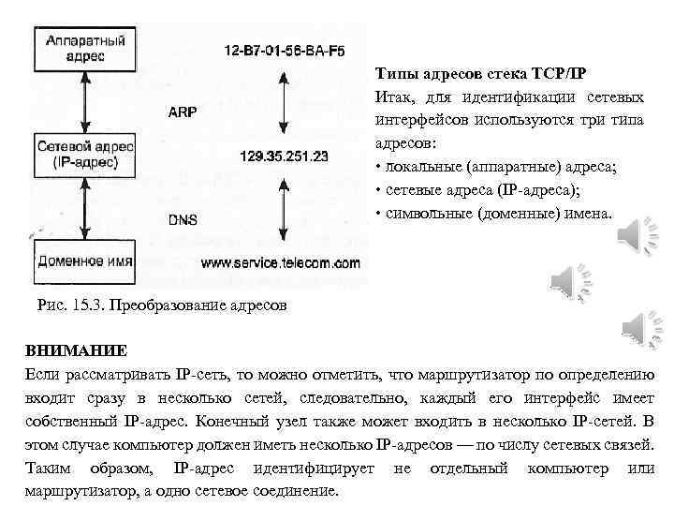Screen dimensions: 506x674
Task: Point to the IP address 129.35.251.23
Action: pyautogui.click(x=284, y=156)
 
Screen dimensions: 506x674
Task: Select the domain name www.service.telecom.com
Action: pyautogui.click(x=280, y=263)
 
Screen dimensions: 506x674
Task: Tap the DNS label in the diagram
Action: pyautogui.click(x=183, y=220)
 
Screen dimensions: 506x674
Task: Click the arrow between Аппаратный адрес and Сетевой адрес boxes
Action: pyautogui.click(x=85, y=101)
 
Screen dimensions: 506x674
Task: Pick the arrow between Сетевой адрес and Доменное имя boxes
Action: pyautogui.click(x=85, y=206)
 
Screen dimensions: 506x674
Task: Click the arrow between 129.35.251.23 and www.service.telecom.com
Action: pyautogui.click(x=283, y=209)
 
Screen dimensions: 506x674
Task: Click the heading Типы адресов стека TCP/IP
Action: pyautogui.click(x=481, y=74)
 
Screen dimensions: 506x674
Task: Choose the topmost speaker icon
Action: pyautogui.click(x=640, y=233)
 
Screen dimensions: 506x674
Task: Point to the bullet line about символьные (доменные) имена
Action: pyautogui.click(x=493, y=213)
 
